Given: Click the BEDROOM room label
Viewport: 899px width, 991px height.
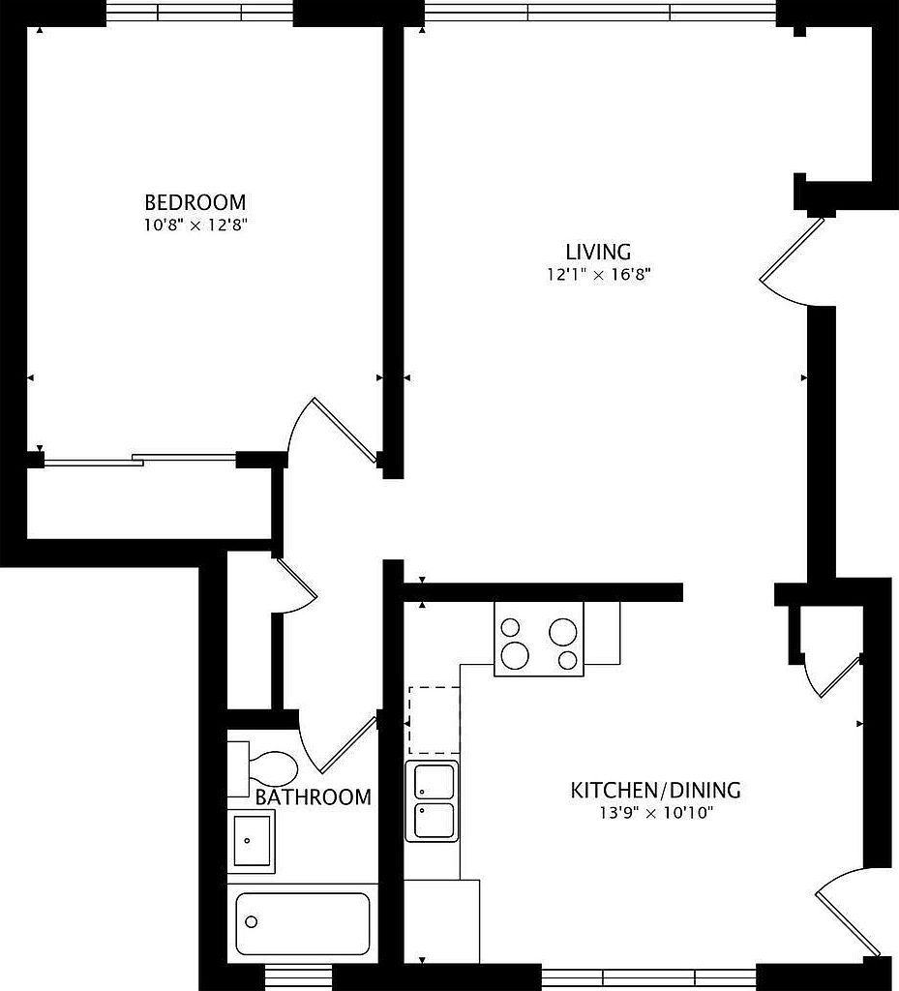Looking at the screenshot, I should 195,202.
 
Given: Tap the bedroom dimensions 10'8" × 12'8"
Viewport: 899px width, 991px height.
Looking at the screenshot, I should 195,225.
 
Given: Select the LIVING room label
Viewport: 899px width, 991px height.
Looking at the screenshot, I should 599,253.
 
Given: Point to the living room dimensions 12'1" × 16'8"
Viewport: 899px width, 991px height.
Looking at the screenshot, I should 599,275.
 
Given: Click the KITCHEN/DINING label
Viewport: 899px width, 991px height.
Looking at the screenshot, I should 655,790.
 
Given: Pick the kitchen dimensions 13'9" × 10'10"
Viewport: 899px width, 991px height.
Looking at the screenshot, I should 655,812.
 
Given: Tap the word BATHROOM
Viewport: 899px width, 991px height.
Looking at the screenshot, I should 313,797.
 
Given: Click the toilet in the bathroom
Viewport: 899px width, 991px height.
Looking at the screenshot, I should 263,767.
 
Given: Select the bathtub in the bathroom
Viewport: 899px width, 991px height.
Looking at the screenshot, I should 303,923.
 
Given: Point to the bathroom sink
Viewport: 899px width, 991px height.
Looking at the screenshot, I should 253,840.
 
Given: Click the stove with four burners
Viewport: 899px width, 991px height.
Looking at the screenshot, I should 539,639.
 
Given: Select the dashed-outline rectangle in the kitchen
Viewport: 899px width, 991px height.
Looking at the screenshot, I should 434,719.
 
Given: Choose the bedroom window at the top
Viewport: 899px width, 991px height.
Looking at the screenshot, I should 198,13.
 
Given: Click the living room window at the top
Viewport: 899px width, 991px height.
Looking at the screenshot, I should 600,13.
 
